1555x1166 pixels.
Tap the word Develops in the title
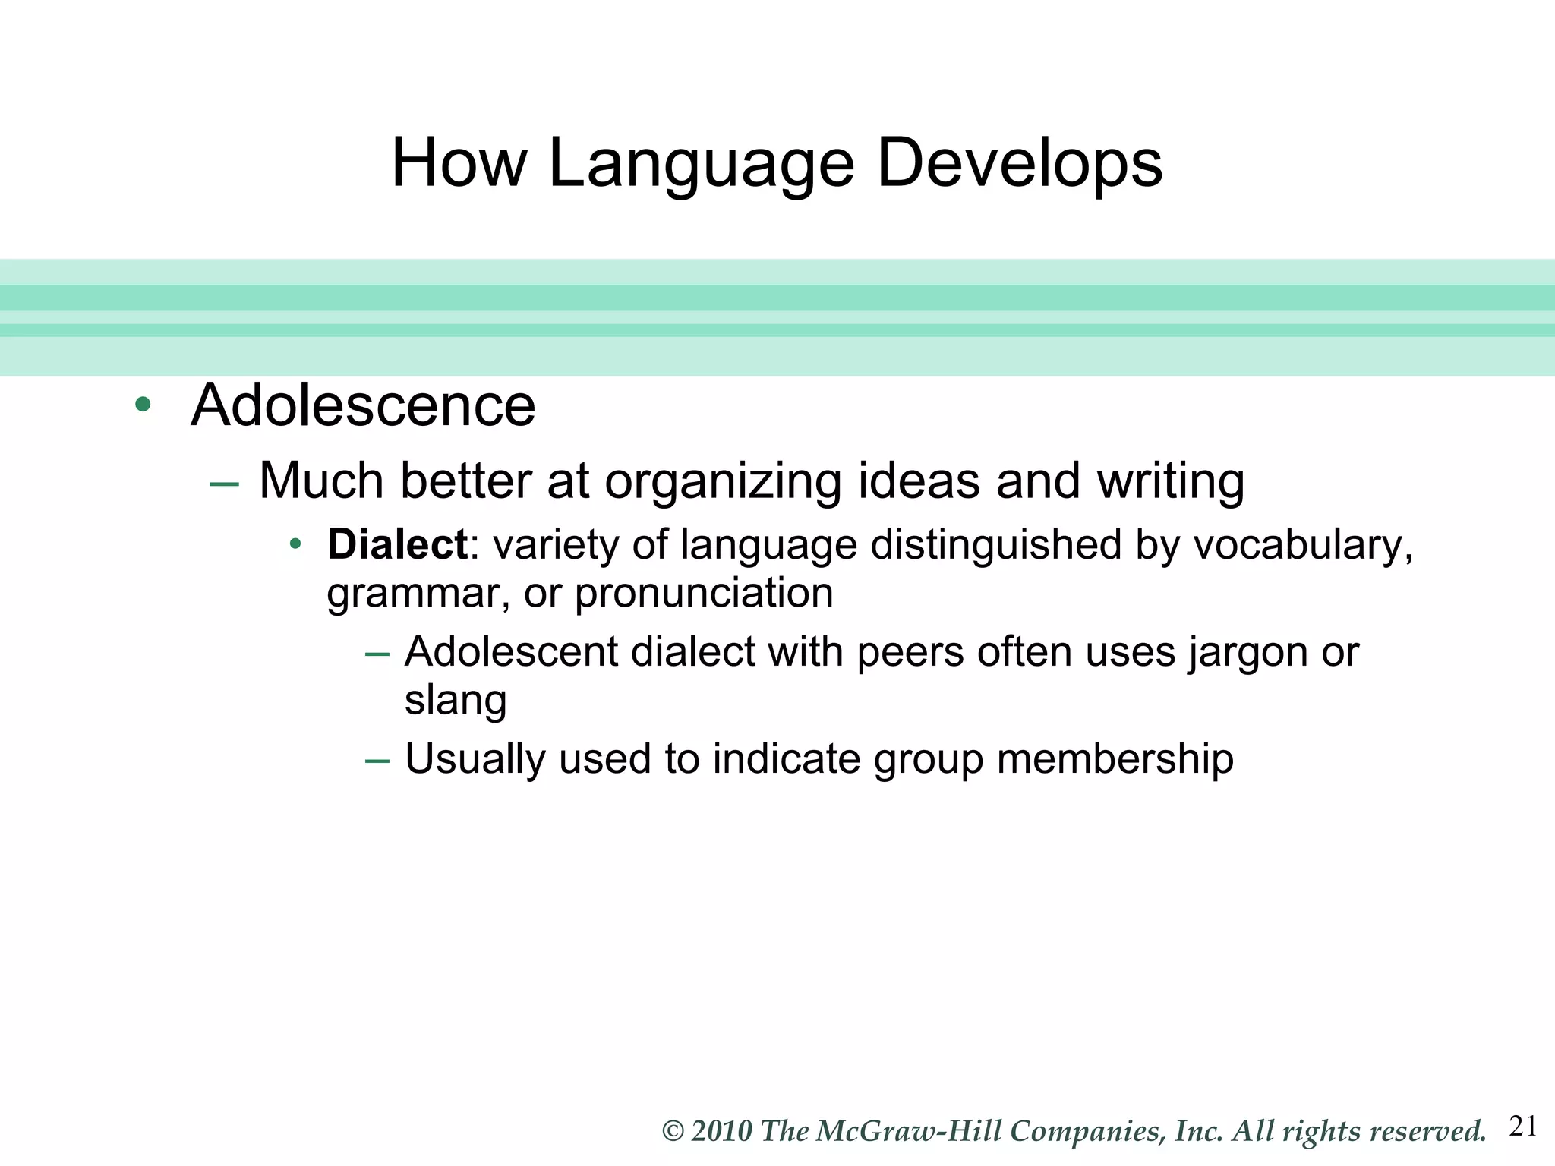[x=1019, y=164]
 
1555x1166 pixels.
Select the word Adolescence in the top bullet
[x=363, y=405]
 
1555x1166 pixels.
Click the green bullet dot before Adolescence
[x=142, y=405]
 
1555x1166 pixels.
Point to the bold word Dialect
[x=397, y=544]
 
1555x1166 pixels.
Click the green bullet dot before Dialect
[x=296, y=544]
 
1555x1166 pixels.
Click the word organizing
[x=723, y=481]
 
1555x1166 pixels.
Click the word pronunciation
[x=704, y=593]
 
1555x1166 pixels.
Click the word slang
[x=456, y=700]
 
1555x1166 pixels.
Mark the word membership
[x=1115, y=758]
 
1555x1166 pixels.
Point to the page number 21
[x=1523, y=1126]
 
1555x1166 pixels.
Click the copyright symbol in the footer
[x=673, y=1131]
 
